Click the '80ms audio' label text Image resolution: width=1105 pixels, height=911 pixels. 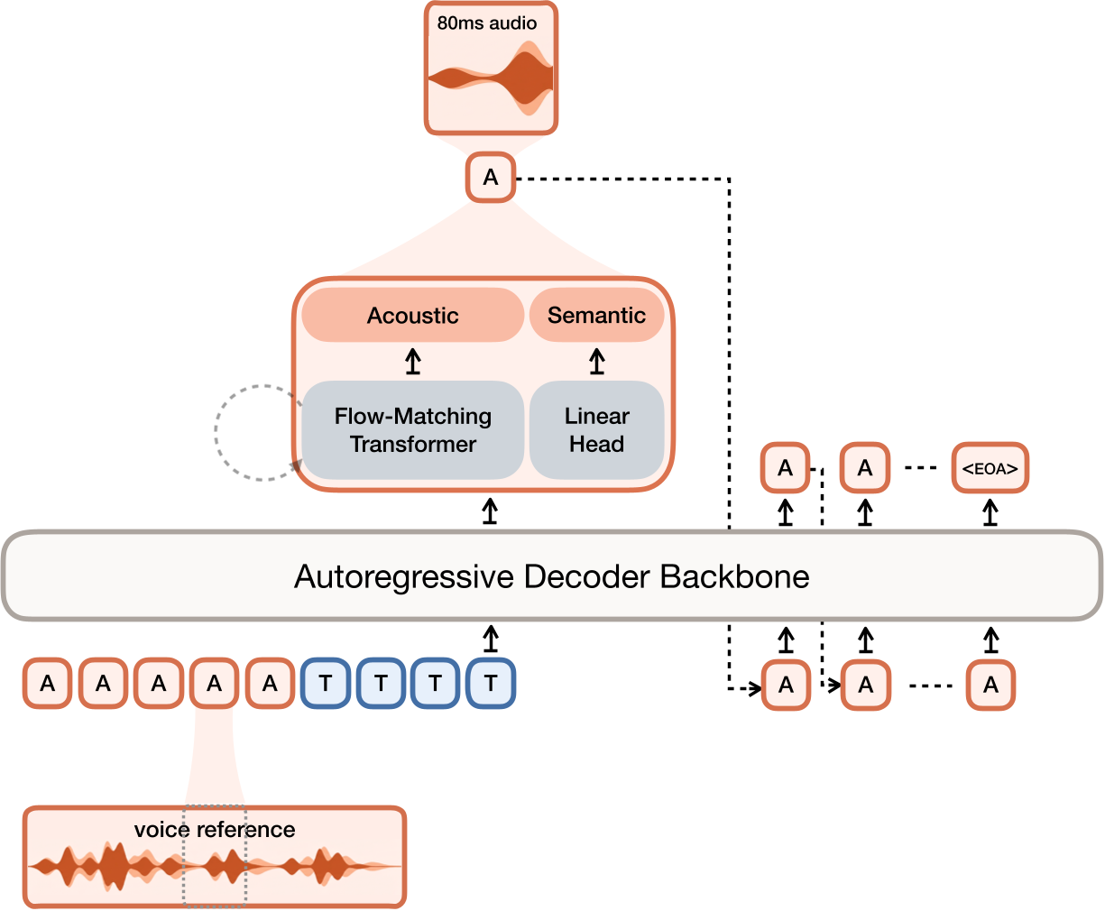tap(487, 23)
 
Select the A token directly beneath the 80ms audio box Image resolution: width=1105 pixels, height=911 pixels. tap(491, 178)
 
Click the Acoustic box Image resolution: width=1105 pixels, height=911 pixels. tap(412, 316)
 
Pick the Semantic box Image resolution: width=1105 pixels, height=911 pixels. tap(596, 316)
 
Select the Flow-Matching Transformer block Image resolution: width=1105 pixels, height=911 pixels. tap(412, 430)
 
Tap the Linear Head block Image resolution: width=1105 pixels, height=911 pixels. tap(596, 430)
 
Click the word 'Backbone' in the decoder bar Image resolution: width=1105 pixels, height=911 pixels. tap(734, 575)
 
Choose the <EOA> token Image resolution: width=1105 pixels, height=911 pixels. tap(990, 468)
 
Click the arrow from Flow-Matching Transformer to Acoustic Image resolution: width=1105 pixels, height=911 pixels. tap(412, 362)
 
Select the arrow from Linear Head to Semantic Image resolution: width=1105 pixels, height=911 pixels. tap(596, 362)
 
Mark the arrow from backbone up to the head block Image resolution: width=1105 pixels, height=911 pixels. tap(490, 511)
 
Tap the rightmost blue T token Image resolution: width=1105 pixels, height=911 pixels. tap(491, 684)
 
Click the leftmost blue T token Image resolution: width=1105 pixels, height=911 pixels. tap(326, 684)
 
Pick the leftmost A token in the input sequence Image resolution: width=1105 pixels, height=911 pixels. tap(48, 684)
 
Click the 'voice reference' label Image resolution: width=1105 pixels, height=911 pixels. tap(215, 829)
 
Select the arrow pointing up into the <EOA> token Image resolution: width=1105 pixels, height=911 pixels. tap(990, 512)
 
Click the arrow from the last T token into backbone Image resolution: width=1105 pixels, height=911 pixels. tap(491, 639)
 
